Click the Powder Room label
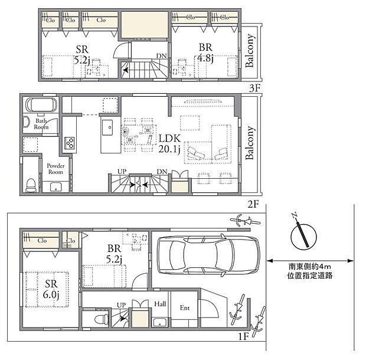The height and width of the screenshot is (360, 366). [55, 169]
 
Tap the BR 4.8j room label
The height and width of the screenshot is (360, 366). [204, 53]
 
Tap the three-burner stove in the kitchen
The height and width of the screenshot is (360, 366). [70, 143]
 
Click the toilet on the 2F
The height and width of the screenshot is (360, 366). [31, 185]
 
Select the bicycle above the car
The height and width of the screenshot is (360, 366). [246, 222]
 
